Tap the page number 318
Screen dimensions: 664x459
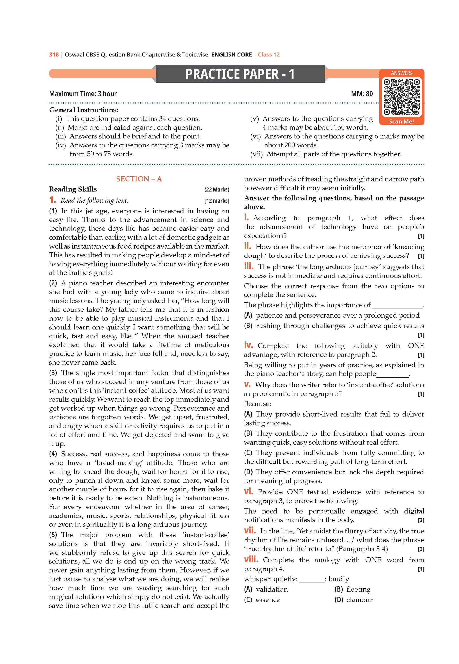tap(54, 55)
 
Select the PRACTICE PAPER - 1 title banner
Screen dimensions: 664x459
tap(240, 74)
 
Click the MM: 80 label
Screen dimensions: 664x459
tap(362, 94)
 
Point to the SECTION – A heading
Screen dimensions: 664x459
tap(139, 179)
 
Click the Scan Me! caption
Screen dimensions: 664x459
tap(401, 121)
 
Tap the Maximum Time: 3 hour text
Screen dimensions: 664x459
tap(83, 94)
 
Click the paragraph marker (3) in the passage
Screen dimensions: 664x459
tap(53, 373)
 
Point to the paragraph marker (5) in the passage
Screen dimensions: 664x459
tap(53, 535)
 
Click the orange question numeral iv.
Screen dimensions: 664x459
tap(249, 345)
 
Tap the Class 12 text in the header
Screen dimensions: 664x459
tap(269, 55)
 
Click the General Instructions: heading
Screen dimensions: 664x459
tap(83, 110)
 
